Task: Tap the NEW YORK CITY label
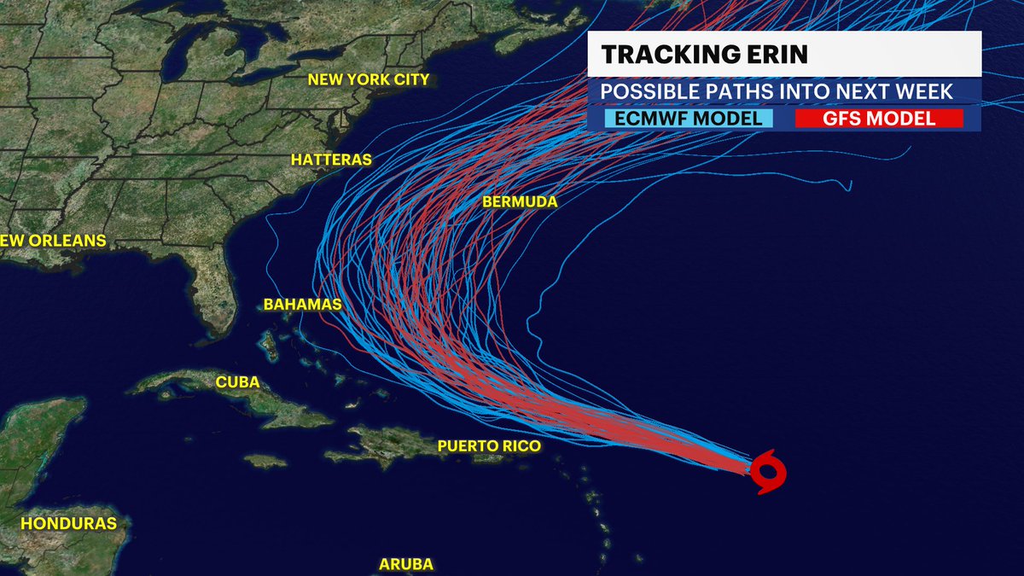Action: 368,80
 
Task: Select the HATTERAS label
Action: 331,160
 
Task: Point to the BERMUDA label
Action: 520,202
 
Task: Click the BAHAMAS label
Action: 302,305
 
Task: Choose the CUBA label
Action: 237,382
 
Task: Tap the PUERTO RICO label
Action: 489,446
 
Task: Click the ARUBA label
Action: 406,564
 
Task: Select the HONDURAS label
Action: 68,523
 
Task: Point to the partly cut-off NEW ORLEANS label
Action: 53,241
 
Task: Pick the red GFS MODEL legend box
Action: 879,119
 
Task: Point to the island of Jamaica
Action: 265,461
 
